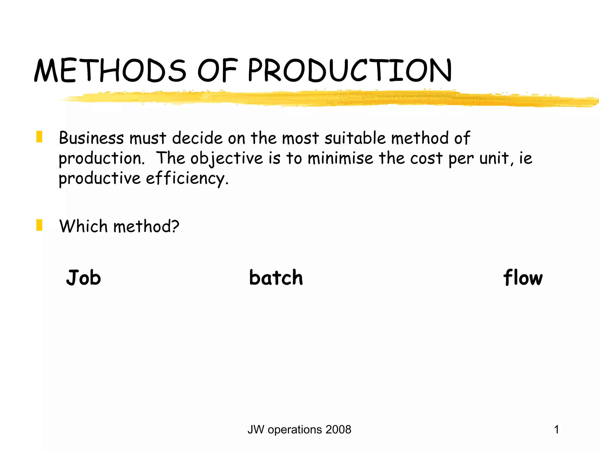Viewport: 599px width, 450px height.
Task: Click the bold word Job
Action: (84, 277)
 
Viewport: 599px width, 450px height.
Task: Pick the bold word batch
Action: (276, 277)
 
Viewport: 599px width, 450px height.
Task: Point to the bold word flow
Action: (523, 277)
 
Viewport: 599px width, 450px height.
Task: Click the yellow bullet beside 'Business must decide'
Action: (39, 137)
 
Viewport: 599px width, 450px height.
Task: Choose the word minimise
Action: (340, 158)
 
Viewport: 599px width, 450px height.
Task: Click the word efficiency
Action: (187, 178)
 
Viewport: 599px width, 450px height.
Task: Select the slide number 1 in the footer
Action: (556, 430)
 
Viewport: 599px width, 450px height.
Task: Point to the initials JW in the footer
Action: (256, 430)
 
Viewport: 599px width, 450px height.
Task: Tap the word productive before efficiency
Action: (100, 178)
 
